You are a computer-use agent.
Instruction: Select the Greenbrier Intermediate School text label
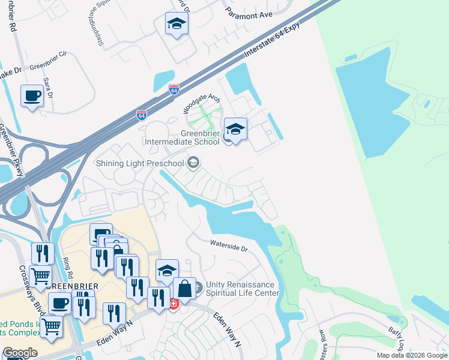coord(184,137)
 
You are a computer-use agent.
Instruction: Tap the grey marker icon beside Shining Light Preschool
coord(193,163)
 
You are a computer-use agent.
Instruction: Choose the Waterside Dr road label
coord(228,246)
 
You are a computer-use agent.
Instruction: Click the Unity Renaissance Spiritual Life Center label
coord(243,289)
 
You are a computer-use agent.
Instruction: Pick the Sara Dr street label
coord(48,88)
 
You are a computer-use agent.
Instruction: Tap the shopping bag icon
coord(184,289)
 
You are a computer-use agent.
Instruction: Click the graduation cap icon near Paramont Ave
coord(176,24)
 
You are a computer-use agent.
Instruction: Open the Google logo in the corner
coord(20,353)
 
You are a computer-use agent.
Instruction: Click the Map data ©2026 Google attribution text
coord(412,355)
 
